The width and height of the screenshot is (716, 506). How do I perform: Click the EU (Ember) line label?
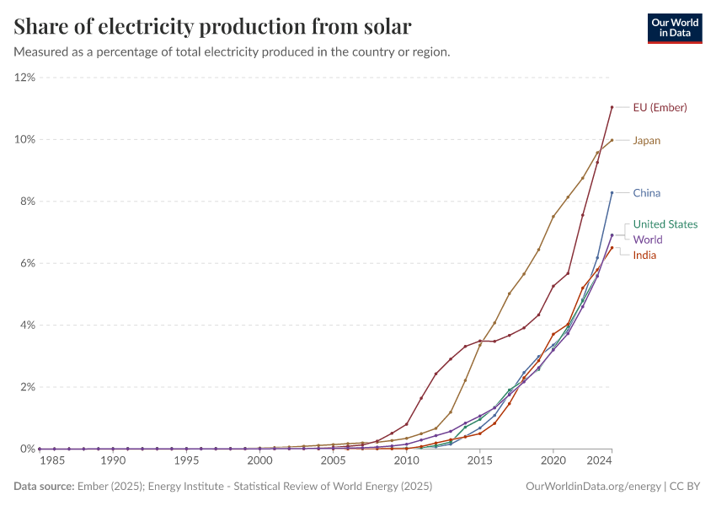[x=660, y=107]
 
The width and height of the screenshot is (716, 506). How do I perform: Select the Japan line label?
[x=646, y=141]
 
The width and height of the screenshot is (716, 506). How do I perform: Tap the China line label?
[x=646, y=193]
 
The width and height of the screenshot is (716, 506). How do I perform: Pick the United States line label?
[x=665, y=224]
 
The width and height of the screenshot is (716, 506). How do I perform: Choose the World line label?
[x=648, y=240]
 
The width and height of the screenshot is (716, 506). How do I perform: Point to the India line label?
[x=644, y=255]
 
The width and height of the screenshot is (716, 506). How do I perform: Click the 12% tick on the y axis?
[x=24, y=78]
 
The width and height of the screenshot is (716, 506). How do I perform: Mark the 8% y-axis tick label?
[x=27, y=202]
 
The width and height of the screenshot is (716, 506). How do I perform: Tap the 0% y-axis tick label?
[x=27, y=449]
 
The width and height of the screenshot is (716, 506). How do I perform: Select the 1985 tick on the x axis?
[x=52, y=461]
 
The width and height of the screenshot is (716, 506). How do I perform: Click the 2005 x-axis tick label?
[x=333, y=461]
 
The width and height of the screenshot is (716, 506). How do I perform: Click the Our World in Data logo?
[x=675, y=28]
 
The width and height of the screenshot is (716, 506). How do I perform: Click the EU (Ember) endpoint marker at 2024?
[x=612, y=107]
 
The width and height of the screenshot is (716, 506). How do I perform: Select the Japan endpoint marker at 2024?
[x=612, y=140]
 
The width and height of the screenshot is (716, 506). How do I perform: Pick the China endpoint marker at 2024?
[x=612, y=193]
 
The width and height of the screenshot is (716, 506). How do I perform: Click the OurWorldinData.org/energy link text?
[x=592, y=487]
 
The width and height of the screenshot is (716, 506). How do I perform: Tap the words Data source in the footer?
[x=43, y=487]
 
